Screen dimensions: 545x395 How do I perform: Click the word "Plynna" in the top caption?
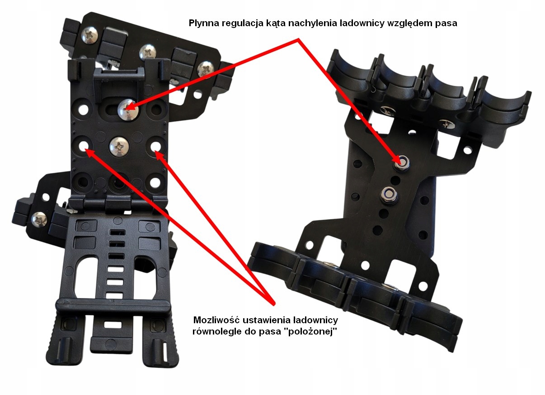[202, 23]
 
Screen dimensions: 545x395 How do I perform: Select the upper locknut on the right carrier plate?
[400, 162]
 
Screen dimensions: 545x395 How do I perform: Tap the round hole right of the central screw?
[156, 146]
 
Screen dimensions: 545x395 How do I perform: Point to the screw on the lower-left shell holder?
[40, 220]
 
